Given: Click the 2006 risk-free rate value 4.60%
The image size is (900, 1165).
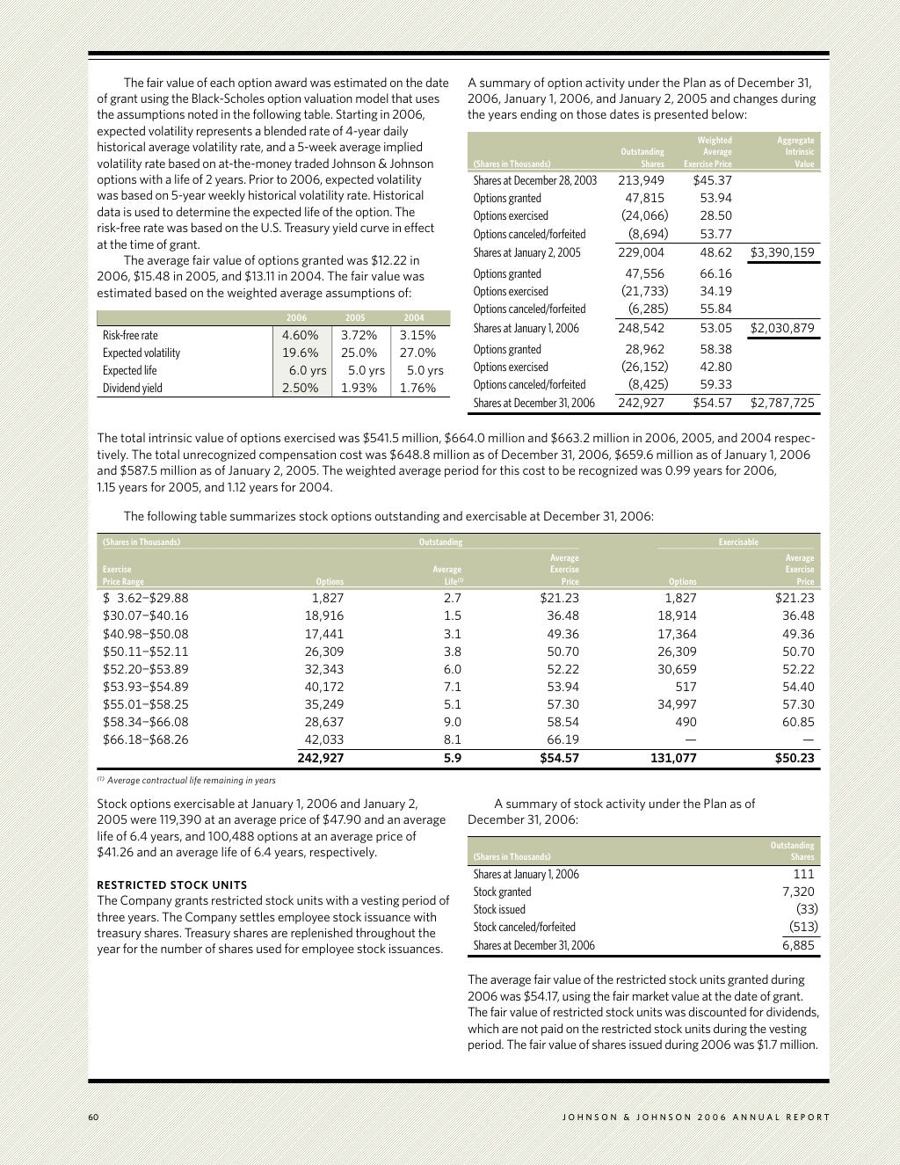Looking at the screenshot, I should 300,335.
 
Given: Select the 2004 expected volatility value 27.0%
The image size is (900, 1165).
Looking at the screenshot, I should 417,353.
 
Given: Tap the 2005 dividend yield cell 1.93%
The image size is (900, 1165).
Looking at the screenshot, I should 359,388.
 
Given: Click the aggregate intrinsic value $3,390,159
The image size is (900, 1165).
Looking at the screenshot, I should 781,252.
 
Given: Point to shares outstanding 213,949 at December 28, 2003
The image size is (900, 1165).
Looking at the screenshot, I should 641,180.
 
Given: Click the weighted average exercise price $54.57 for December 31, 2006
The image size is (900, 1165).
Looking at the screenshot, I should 712,404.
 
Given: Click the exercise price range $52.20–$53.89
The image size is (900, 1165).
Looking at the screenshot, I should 146,669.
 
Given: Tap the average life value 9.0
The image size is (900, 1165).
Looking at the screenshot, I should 453,722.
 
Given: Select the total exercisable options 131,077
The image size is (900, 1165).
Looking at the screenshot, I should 673,758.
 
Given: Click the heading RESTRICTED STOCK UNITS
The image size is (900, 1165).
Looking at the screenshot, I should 172,885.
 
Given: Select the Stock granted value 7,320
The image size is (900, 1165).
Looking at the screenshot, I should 798,892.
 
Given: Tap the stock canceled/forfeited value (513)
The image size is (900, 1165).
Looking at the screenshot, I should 800,927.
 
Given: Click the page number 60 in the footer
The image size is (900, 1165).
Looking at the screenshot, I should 93,1118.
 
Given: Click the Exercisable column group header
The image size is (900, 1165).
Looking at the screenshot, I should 738,542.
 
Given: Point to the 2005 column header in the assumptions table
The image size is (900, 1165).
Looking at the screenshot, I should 355,318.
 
